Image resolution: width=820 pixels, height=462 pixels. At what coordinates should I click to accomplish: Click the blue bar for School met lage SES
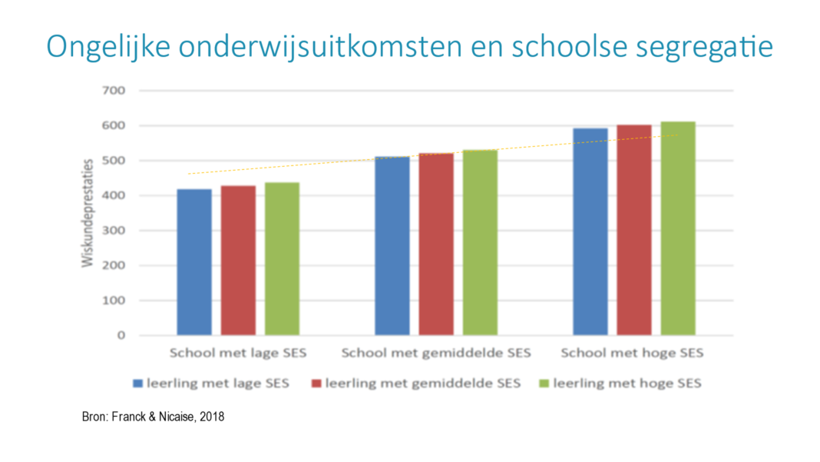pyautogui.click(x=193, y=261)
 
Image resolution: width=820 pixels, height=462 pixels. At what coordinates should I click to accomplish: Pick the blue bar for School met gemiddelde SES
pyautogui.click(x=392, y=245)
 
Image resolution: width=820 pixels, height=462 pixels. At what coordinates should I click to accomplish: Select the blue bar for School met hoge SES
pyautogui.click(x=590, y=231)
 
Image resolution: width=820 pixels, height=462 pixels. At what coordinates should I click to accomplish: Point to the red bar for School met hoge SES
pyautogui.click(x=634, y=230)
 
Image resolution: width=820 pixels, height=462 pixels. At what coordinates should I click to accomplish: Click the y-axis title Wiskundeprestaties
pyautogui.click(x=88, y=213)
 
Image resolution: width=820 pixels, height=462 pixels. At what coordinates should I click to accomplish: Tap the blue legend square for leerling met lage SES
pyautogui.click(x=138, y=382)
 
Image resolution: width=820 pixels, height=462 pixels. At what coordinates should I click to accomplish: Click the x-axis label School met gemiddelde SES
pyautogui.click(x=435, y=354)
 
